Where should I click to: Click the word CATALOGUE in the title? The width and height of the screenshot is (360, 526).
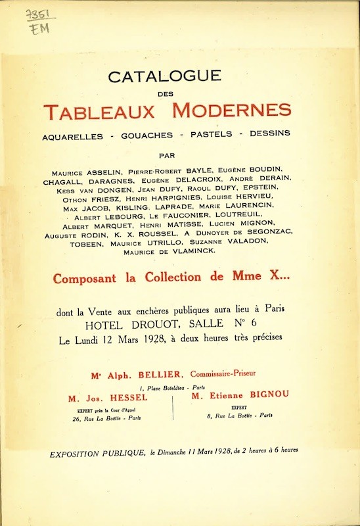[x=164, y=76]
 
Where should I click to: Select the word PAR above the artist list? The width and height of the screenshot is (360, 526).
[x=168, y=156]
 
